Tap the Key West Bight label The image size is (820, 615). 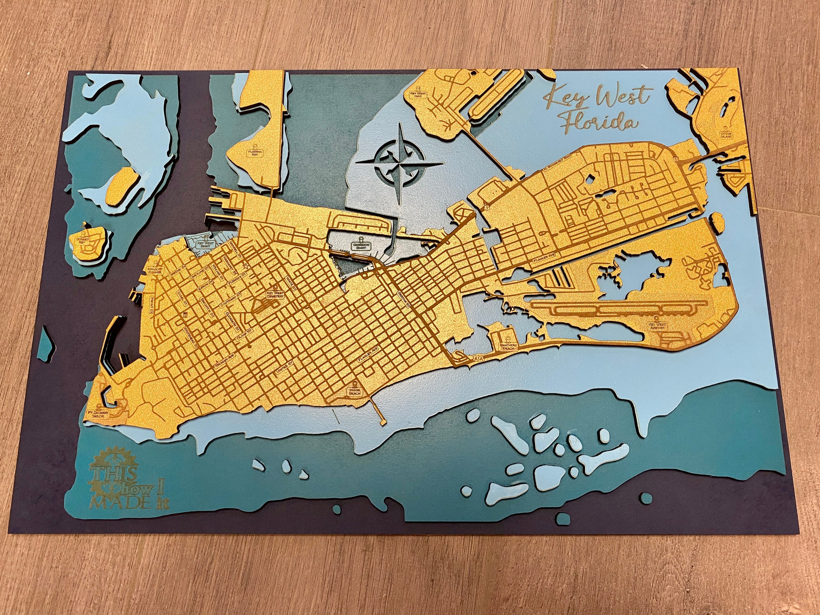(201, 243)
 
